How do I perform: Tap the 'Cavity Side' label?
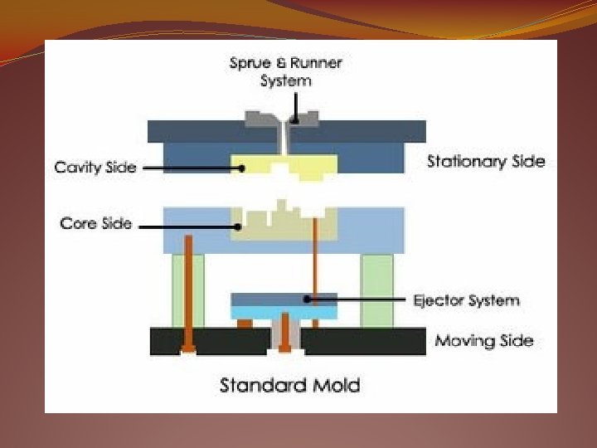(x=95, y=167)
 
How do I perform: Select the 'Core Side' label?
(x=95, y=224)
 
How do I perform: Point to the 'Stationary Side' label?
(x=486, y=161)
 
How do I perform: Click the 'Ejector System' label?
(x=466, y=299)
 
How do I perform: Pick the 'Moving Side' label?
(x=484, y=341)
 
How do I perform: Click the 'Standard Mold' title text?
(x=289, y=385)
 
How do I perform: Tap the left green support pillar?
(x=188, y=290)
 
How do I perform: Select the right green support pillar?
(x=377, y=290)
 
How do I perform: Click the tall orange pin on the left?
(x=190, y=290)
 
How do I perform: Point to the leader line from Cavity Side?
(x=191, y=168)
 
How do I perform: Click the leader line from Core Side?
(x=187, y=225)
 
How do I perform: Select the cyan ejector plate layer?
(x=284, y=313)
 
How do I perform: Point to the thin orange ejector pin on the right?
(x=315, y=257)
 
